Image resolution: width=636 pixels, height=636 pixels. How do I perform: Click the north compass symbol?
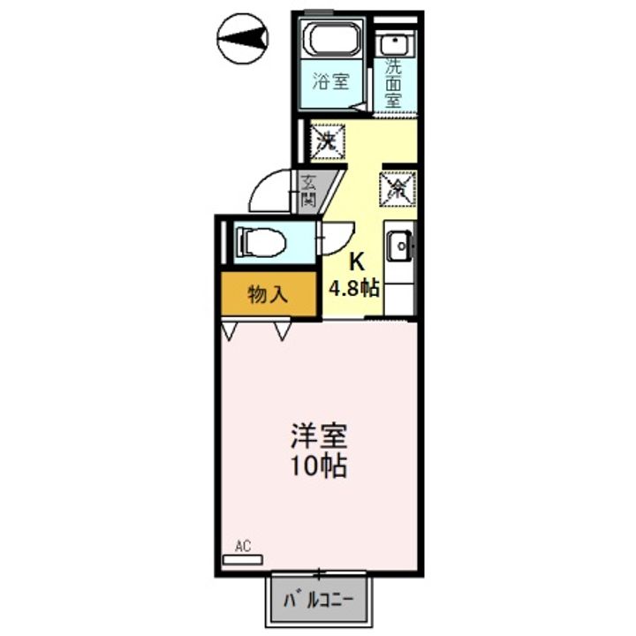click(x=243, y=39)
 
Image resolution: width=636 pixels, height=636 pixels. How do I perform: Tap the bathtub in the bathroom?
click(x=332, y=39)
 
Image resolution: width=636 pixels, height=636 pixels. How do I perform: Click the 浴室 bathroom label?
click(x=331, y=81)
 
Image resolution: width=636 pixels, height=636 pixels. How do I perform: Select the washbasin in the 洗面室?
click(x=394, y=44)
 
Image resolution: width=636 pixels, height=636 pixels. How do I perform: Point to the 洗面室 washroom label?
click(x=393, y=83)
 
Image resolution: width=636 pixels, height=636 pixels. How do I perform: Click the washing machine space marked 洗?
click(x=328, y=141)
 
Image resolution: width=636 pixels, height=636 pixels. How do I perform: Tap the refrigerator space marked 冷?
click(x=397, y=189)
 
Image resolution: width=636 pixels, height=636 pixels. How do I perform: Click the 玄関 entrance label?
click(x=309, y=189)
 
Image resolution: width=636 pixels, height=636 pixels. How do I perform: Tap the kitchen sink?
click(x=399, y=246)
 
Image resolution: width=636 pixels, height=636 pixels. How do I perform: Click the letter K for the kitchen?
click(x=357, y=261)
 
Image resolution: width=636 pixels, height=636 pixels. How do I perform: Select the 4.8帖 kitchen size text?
click(x=354, y=288)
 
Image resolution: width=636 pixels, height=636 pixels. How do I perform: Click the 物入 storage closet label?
click(x=269, y=293)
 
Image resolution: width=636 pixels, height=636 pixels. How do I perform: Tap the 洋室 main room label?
click(x=318, y=437)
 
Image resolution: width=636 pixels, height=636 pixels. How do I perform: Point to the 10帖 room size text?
click(x=318, y=466)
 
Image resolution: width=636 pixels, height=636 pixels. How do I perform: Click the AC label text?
click(x=243, y=547)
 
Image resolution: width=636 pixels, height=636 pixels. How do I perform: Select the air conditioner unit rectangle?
click(x=243, y=560)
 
